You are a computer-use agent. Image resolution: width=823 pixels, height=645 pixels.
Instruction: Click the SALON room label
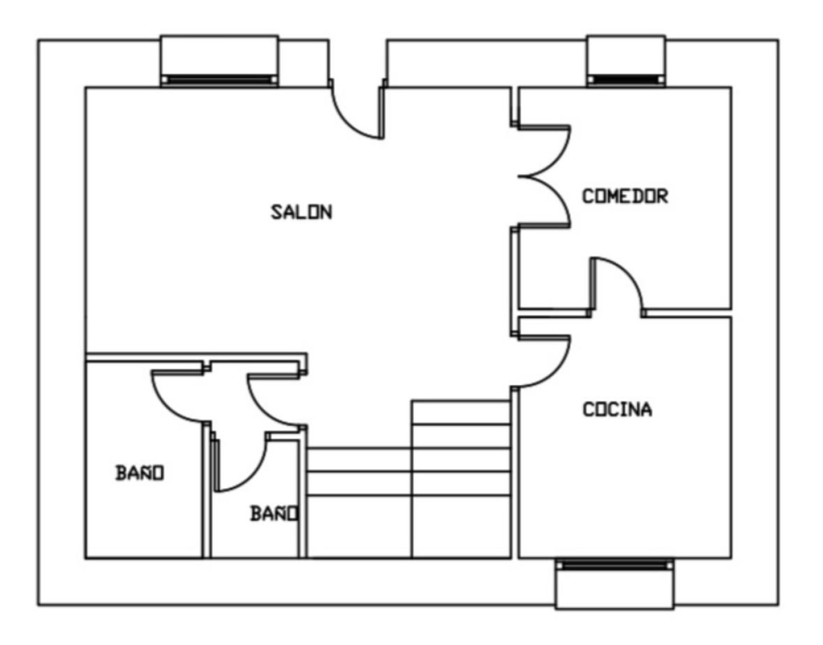point(302,212)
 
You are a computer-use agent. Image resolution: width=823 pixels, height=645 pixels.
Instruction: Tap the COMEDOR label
point(625,196)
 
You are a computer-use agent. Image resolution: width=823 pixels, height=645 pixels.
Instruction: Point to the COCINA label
point(618,410)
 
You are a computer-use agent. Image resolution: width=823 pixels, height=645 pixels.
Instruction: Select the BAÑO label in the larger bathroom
point(140,473)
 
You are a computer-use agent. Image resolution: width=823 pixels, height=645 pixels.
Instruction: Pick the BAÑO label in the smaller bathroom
point(274,514)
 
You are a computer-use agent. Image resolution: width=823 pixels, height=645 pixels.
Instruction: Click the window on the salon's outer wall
point(219,62)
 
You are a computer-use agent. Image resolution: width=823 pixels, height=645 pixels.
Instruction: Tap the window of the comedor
point(626,62)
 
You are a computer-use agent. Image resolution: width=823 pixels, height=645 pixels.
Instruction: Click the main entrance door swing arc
point(348,121)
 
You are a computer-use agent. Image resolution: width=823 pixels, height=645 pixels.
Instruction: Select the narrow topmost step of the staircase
point(461,412)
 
